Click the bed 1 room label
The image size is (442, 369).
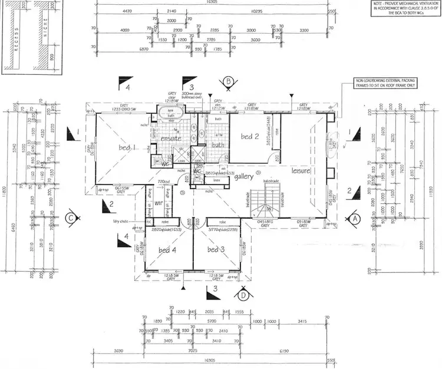pos(125,147)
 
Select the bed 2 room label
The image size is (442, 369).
pos(250,137)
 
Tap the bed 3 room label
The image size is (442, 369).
pos(216,249)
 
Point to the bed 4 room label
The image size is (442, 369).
pos(167,250)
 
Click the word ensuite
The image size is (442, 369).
pos(171,138)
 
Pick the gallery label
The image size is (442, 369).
pos(244,177)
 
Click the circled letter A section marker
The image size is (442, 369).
pos(355,217)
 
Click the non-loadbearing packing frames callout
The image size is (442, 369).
pos(384,82)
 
